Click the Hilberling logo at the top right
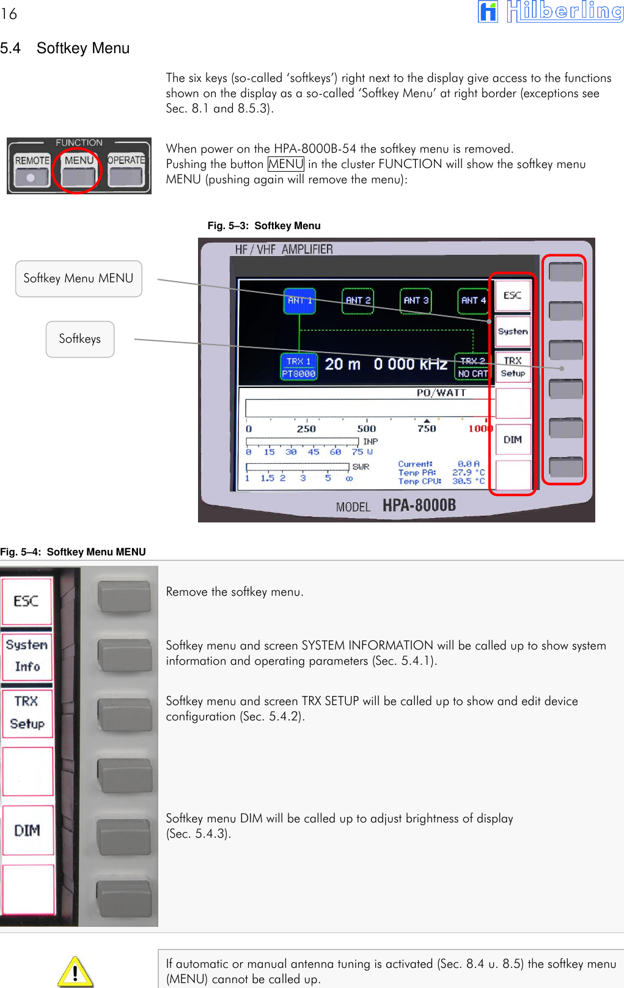pos(550,12)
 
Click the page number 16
pos(9,13)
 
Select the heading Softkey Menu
pos(83,48)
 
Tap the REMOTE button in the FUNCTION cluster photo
pos(32,169)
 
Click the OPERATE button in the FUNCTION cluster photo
pos(126,169)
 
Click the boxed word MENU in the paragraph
pos(285,164)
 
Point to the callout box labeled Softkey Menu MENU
pos(78,279)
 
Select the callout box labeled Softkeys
pos(79,339)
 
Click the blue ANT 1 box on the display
pos(299,301)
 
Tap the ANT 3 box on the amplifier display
pos(416,301)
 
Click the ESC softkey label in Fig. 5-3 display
pos(512,296)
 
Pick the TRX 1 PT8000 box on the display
pos(299,367)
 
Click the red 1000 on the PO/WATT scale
pos(480,428)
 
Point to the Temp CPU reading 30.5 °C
pos(468,481)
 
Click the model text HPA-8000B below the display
pos(419,505)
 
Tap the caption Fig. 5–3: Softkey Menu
pos(263,225)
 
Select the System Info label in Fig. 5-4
pos(27,656)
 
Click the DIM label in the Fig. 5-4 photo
pos(27,830)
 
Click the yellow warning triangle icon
pos(75,971)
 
